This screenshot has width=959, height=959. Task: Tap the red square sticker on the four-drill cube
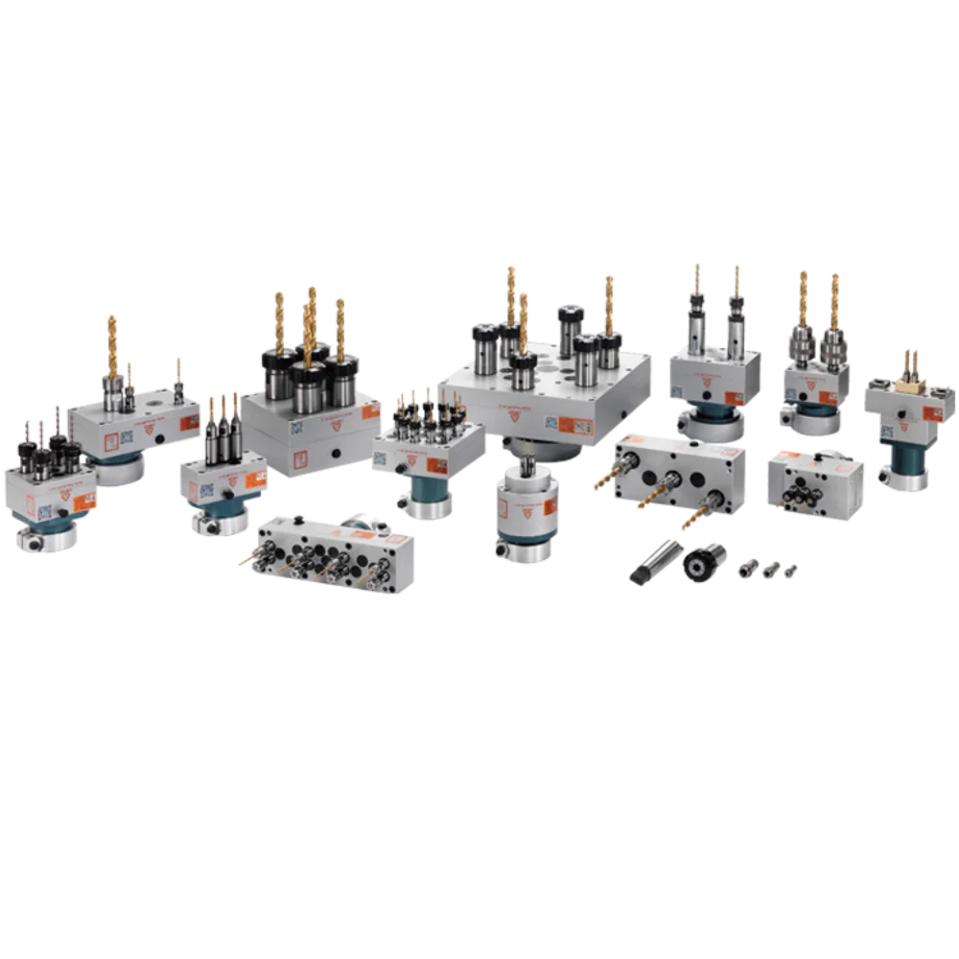[298, 455]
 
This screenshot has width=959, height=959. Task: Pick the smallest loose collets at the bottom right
[767, 573]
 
